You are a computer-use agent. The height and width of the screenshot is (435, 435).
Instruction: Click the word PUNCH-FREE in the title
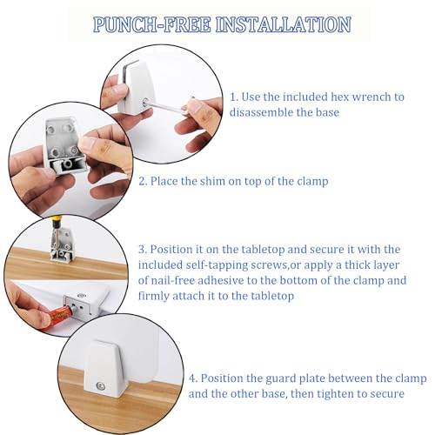(x=151, y=24)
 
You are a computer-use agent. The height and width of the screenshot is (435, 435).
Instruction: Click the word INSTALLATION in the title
(x=284, y=24)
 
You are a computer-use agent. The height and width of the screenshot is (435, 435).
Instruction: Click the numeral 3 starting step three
(x=142, y=250)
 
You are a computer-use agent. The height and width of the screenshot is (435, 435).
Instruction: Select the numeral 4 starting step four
(x=192, y=378)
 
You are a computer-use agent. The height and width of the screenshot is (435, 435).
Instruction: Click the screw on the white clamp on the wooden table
(x=100, y=385)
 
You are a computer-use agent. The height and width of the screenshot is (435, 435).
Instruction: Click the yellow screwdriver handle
(x=54, y=223)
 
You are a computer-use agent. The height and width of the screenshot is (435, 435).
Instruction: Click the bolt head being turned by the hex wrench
(x=144, y=102)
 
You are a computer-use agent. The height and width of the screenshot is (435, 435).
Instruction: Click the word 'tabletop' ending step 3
(x=272, y=296)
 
